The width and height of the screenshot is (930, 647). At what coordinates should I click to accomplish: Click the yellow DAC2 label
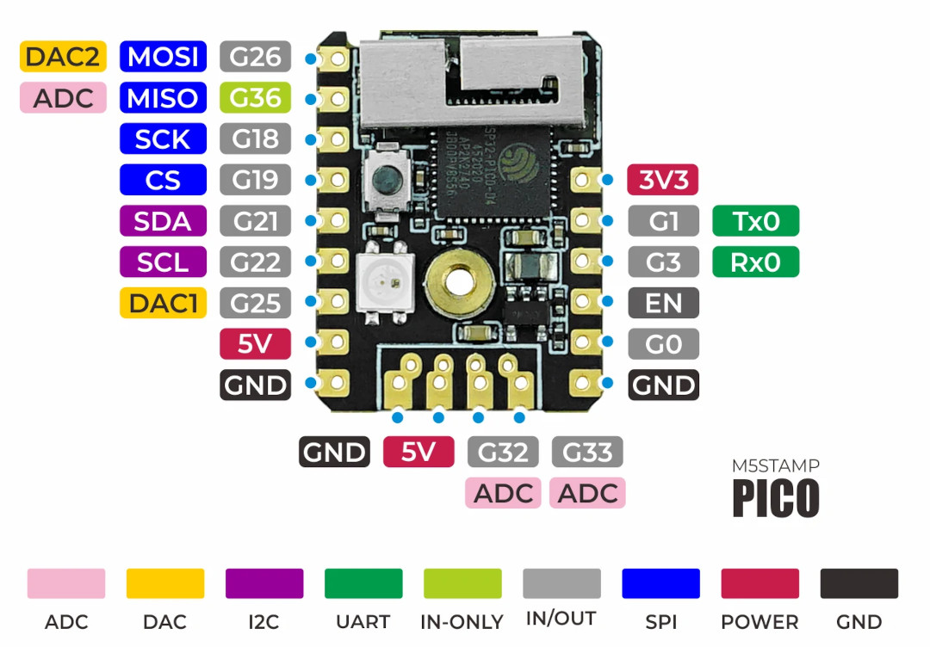pyautogui.click(x=64, y=56)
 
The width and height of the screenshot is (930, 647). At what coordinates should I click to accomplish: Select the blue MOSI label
pyautogui.click(x=163, y=56)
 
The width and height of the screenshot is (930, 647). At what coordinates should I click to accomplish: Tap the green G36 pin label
pyautogui.click(x=255, y=97)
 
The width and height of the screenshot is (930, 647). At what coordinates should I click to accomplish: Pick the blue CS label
pyautogui.click(x=163, y=180)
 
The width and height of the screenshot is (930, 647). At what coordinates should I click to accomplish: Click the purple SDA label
pyautogui.click(x=163, y=221)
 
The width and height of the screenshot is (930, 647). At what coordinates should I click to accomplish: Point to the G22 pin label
pyautogui.click(x=255, y=262)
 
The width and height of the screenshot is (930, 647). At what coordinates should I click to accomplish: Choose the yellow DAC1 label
pyautogui.click(x=163, y=303)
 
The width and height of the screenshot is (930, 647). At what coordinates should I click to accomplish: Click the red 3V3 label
pyautogui.click(x=663, y=180)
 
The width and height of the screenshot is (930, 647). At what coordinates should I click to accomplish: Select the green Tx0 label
pyautogui.click(x=756, y=221)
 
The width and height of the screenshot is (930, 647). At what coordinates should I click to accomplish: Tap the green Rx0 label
pyautogui.click(x=756, y=262)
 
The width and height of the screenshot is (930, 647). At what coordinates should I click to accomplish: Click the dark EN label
pyautogui.click(x=663, y=303)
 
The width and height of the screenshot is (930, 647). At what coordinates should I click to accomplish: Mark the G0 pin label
pyautogui.click(x=663, y=343)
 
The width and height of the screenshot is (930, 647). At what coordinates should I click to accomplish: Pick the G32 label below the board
pyautogui.click(x=503, y=452)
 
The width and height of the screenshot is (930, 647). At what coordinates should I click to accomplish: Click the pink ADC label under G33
pyautogui.click(x=588, y=493)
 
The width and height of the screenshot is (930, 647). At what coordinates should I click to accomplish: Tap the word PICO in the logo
pyautogui.click(x=776, y=497)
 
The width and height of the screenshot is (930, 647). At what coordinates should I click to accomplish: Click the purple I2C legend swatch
pyautogui.click(x=264, y=583)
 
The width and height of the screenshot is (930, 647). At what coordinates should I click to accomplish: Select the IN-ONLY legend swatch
pyautogui.click(x=462, y=583)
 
